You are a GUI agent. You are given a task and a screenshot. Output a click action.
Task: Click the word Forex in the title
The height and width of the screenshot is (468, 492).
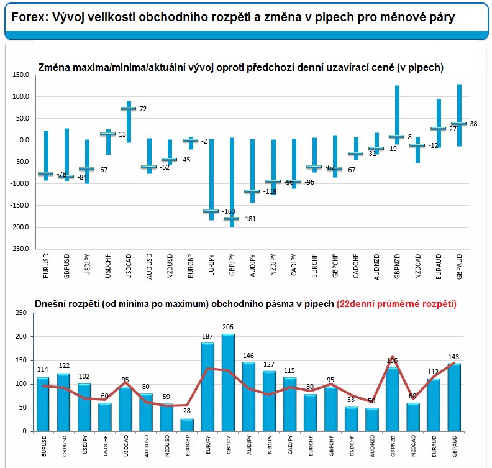(27, 18)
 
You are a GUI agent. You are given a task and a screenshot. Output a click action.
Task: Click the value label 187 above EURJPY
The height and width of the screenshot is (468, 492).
(207, 337)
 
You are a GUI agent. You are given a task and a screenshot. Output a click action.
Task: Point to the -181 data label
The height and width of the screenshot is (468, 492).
(248, 219)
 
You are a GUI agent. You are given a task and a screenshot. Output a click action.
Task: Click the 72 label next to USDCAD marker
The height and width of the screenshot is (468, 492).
(142, 109)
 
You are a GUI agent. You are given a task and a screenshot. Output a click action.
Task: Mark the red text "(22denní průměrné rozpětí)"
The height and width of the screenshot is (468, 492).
(396, 304)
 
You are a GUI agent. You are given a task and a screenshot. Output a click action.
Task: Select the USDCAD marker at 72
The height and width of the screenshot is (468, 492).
(128, 109)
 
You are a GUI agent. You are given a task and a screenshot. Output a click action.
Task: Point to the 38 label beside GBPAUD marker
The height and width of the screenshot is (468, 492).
(473, 124)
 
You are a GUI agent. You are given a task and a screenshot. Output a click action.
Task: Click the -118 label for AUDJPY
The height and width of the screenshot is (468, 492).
(268, 192)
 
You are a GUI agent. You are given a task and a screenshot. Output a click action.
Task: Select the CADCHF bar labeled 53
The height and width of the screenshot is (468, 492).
(352, 419)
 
